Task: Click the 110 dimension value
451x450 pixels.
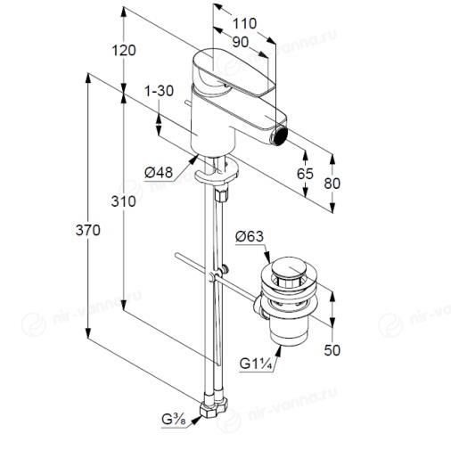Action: [x=244, y=23]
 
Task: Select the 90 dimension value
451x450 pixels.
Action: [x=241, y=42]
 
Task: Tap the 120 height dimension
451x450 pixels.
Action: [x=124, y=50]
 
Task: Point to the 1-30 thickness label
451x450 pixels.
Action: [x=159, y=91]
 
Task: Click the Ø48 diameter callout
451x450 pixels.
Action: [x=159, y=172]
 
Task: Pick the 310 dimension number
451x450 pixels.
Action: [x=124, y=201]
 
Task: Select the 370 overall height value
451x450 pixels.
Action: [x=88, y=230]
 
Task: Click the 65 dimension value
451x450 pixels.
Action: [x=305, y=174]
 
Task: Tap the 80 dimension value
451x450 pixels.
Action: [x=332, y=184]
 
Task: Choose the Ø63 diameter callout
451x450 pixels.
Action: [x=250, y=236]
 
